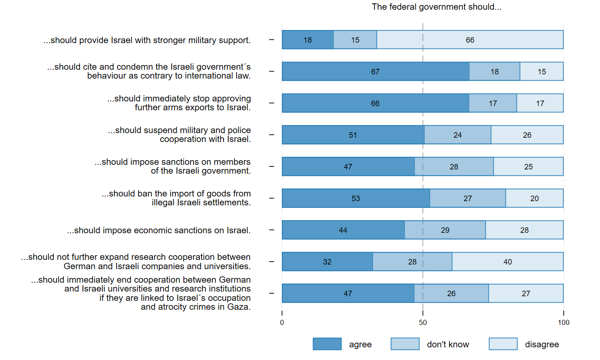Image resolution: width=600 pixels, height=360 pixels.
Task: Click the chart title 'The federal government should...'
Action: [x=436, y=7]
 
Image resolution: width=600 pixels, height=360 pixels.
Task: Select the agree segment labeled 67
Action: [x=375, y=71]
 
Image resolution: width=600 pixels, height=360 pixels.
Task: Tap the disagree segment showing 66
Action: [x=470, y=40]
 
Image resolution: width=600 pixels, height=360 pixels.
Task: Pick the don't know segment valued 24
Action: [x=458, y=135]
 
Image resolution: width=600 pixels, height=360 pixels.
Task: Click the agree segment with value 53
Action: [x=356, y=198]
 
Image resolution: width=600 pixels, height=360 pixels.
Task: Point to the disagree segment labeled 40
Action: [x=507, y=262]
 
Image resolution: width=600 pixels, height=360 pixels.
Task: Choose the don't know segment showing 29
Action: [x=445, y=230]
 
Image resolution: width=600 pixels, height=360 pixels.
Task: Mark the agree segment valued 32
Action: [x=327, y=262]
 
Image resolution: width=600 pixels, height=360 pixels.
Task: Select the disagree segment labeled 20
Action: [x=535, y=198]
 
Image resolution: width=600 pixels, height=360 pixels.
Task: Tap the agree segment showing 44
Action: [x=343, y=230]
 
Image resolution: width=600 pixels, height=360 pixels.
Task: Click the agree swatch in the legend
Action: [x=327, y=344]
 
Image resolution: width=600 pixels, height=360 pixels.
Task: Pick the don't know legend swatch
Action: [x=405, y=344]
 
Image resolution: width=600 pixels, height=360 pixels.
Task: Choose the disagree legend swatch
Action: [x=503, y=344]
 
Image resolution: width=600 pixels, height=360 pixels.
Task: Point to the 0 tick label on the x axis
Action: [x=282, y=323]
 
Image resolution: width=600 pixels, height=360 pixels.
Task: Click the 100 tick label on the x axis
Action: [x=563, y=323]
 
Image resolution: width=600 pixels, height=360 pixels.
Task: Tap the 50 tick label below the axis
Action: [x=423, y=323]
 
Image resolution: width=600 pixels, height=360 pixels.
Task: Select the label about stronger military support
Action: [x=147, y=40]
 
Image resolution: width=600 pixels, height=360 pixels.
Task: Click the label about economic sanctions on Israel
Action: [x=159, y=230]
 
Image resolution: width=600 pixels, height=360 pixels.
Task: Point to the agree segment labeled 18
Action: [x=308, y=40]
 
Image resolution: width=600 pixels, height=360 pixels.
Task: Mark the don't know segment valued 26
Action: [x=451, y=293]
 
